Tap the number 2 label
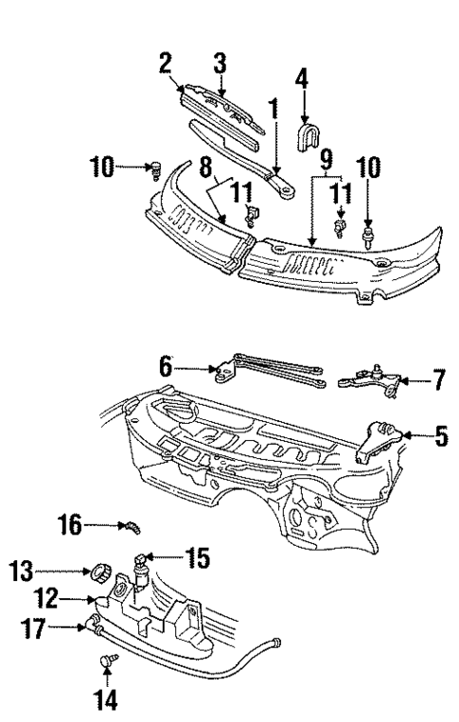pyautogui.click(x=165, y=62)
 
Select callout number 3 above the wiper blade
pyautogui.click(x=221, y=64)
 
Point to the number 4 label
pyautogui.click(x=302, y=76)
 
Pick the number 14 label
pyautogui.click(x=107, y=702)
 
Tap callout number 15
pyautogui.click(x=200, y=559)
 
